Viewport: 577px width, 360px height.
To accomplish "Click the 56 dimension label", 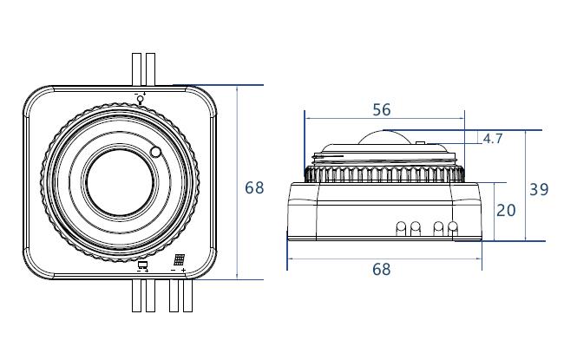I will pos(381,110).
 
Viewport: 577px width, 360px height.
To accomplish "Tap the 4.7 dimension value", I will pos(493,139).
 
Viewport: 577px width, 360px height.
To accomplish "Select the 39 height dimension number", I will pos(539,189).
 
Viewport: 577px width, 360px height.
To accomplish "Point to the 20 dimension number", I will pos(506,211).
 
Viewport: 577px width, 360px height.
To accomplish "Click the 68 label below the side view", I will pos(381,270).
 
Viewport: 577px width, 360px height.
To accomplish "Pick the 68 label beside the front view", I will pos(254,187).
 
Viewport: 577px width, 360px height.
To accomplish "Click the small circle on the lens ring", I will pos(156,152).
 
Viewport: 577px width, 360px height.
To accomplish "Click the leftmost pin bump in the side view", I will pos(401,228).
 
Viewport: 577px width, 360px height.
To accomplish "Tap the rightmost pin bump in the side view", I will pos(453,228).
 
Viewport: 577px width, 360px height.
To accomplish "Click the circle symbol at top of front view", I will pos(141,98).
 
